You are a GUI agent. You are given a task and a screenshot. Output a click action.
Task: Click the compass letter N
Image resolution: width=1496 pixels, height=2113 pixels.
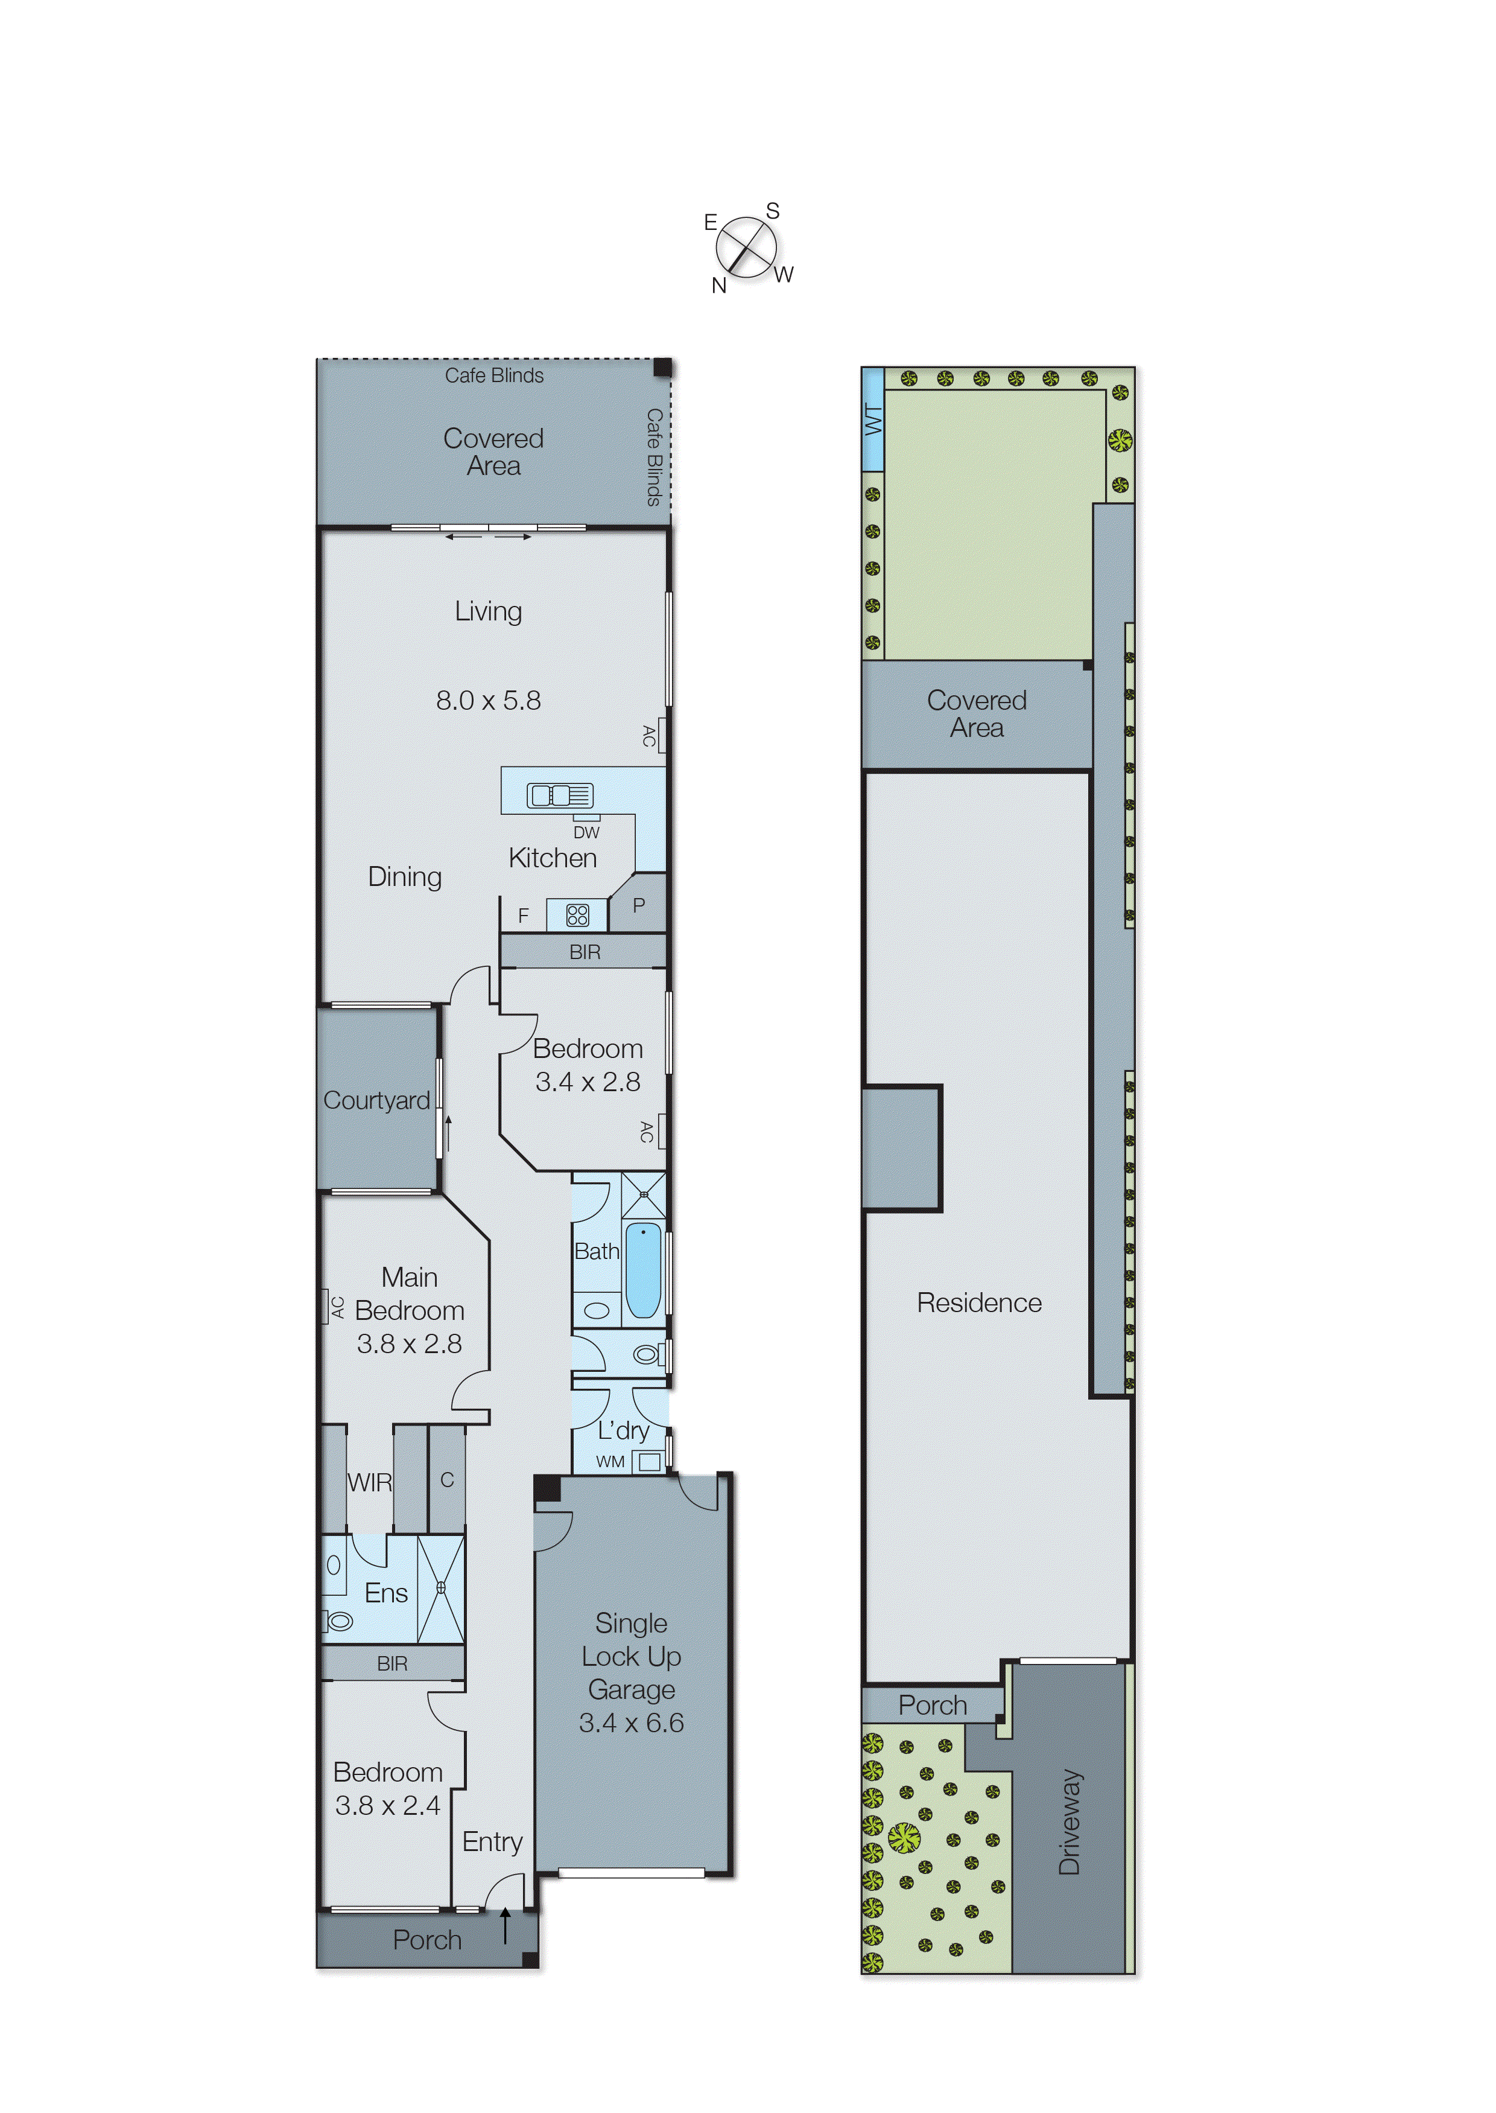pos(718,285)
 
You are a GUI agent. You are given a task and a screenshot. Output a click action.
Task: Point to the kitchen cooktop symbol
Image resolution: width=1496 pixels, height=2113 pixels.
pos(577,915)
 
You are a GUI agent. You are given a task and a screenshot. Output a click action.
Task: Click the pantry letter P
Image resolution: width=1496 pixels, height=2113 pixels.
pos(638,905)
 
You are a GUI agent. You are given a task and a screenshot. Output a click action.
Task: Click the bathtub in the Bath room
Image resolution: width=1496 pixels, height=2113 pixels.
pos(643,1270)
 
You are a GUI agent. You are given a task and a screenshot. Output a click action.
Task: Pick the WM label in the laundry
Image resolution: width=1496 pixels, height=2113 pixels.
pos(610,1462)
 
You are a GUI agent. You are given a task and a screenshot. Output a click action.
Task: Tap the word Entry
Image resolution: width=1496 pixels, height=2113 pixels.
pos(492,1841)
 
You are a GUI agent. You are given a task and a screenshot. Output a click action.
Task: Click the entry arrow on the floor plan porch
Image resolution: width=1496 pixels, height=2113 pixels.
pos(505,1926)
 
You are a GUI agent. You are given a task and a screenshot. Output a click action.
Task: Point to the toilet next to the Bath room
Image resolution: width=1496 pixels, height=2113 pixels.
pos(647,1354)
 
